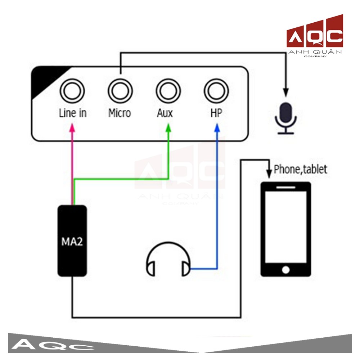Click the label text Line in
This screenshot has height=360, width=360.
pos(73,113)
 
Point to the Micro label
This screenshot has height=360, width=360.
pos(120,113)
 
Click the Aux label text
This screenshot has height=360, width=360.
pos(165,113)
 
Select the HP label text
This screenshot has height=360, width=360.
pos(216,113)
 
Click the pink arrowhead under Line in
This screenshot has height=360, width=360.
pos(72,127)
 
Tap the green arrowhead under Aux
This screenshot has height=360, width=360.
pos(168,127)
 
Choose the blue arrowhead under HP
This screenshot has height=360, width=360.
pos(217,127)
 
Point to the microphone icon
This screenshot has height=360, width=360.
pos(286,118)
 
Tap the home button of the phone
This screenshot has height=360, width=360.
pos(285,270)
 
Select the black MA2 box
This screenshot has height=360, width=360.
pos(72,241)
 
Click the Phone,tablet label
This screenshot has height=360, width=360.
pos(301,170)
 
